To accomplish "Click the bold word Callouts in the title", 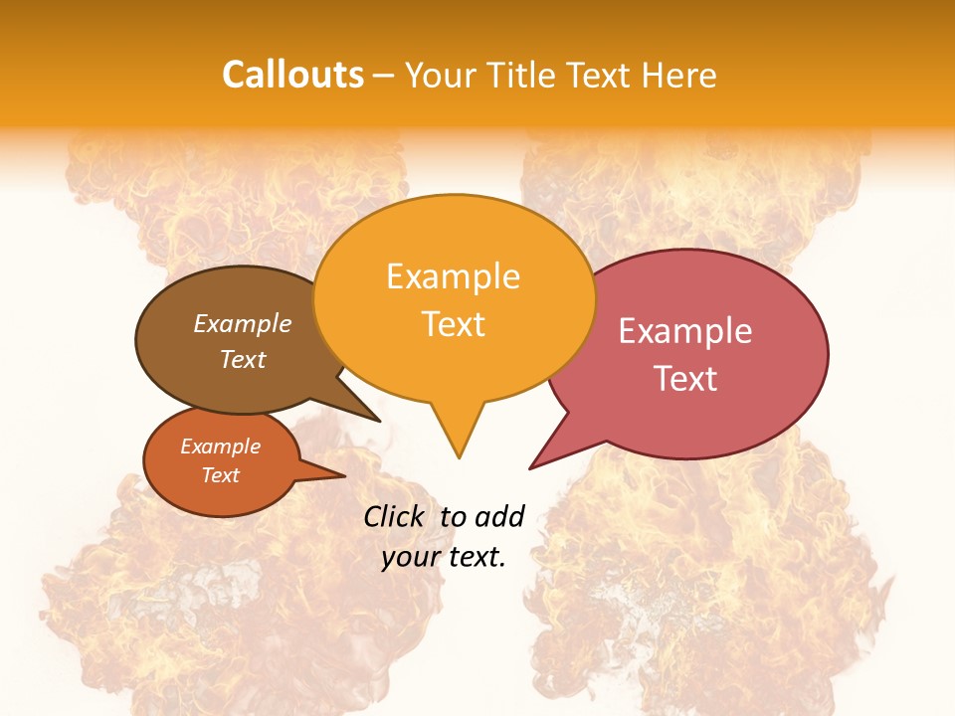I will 292,75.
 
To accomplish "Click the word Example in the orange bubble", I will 453,276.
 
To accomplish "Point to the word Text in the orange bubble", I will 453,324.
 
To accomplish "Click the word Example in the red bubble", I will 685,331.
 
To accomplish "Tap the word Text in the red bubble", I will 685,379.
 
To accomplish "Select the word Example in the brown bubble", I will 243,323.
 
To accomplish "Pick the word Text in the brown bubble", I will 243,359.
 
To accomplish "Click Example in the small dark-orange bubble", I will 220,447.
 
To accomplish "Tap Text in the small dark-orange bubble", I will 220,475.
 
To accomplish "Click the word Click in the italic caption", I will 394,516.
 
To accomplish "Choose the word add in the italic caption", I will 499,516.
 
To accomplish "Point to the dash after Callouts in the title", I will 384,75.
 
